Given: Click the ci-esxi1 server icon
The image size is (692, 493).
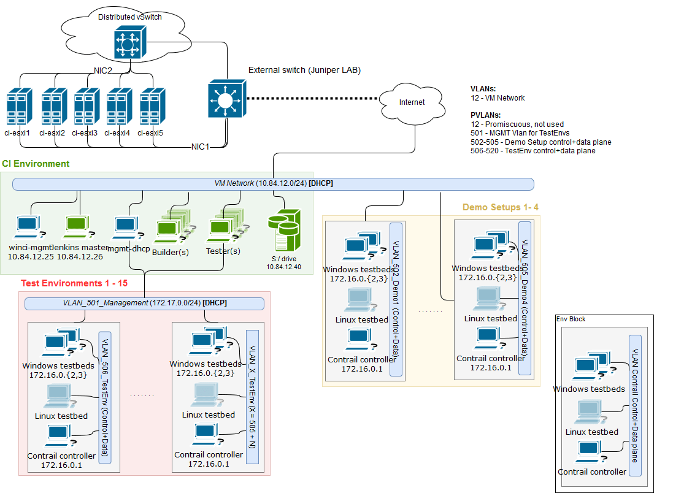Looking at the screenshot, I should tap(19, 108).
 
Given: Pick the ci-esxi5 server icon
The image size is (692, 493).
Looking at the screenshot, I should tap(150, 108).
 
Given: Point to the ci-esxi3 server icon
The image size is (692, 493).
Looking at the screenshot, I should tap(86, 108).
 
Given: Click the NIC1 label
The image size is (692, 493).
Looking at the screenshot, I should tap(200, 147).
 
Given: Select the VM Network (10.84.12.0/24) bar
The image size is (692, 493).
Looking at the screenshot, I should tap(273, 183).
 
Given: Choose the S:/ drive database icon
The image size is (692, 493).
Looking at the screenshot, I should tap(285, 230).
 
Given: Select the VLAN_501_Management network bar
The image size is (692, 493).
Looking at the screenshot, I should tap(144, 303).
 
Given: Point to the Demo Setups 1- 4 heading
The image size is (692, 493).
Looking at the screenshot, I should tap(500, 207).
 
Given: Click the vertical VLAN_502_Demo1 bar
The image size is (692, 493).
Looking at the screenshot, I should tap(396, 299).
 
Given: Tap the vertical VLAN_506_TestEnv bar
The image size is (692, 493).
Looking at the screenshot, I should tap(104, 397).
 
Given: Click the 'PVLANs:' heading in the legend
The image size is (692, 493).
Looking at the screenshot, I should tap(485, 115).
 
